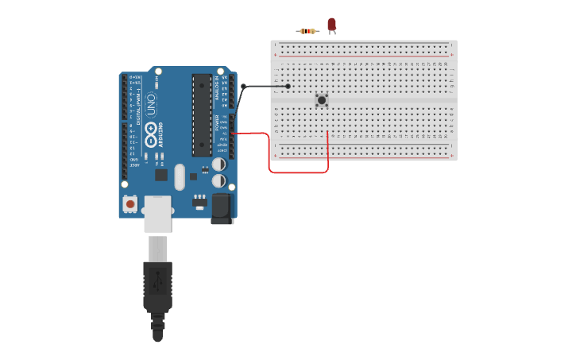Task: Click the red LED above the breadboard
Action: coord(331,25)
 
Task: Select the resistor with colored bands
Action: coord(307,31)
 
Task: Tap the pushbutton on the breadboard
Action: coord(321,100)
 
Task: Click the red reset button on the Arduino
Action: coord(130,203)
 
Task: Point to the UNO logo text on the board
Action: coord(151,103)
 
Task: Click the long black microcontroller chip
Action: coord(202,115)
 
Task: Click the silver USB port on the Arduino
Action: coord(157,214)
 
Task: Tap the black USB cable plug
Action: coord(157,286)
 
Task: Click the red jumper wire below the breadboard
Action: coord(299,172)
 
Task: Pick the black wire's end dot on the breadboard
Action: coord(288,86)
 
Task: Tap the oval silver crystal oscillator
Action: coord(180,176)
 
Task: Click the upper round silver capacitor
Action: coord(218,164)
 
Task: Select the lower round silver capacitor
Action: coord(218,180)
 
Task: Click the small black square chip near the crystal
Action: coord(161,175)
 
